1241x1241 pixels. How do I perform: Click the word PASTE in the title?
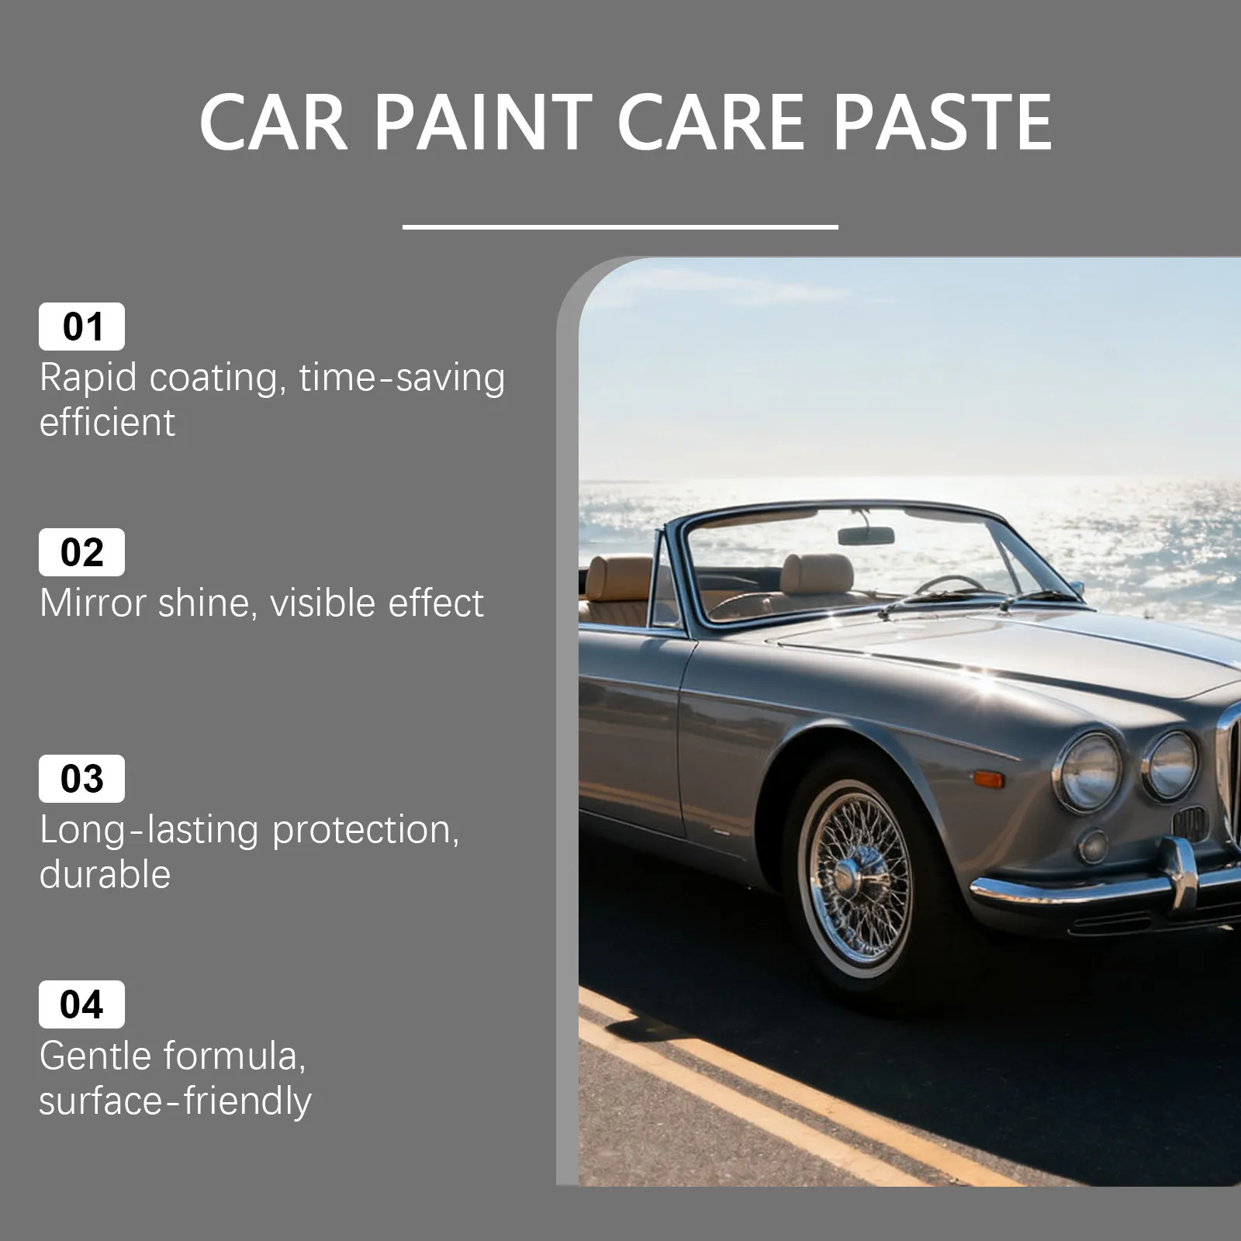pos(942,122)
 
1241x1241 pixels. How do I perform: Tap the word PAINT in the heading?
pos(483,122)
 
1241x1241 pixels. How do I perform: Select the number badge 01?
pos(81,327)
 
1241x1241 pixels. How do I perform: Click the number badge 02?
pos(81,552)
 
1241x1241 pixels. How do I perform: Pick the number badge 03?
pos(81,779)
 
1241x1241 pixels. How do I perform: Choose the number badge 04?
pos(81,1004)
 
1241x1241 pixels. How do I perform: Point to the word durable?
pos(105,874)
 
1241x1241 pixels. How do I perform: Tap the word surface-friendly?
pos(175,1101)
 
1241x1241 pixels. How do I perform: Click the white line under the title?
pos(620,226)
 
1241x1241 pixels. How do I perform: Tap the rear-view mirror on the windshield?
pos(866,535)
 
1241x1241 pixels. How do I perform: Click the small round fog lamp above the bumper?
pos(1094,845)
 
